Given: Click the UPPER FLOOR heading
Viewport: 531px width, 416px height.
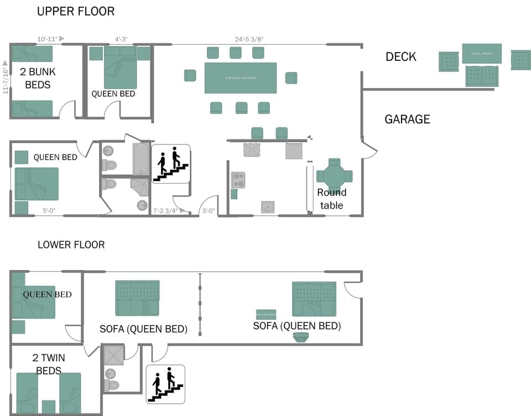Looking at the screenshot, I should pyautogui.click(x=76, y=11).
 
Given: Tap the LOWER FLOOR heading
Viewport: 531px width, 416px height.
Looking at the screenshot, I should pyautogui.click(x=71, y=245).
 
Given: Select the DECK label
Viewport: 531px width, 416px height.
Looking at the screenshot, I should pyautogui.click(x=401, y=56).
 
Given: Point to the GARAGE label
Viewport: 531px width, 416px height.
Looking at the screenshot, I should pyautogui.click(x=407, y=119).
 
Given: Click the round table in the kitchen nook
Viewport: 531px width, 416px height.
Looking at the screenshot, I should pyautogui.click(x=334, y=176).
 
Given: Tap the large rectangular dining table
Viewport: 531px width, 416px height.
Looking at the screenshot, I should pyautogui.click(x=241, y=78).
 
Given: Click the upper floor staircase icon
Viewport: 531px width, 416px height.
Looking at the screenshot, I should pyautogui.click(x=171, y=164).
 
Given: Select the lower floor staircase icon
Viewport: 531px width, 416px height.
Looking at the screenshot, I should pyautogui.click(x=165, y=383).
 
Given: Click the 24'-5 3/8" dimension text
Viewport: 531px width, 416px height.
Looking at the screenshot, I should pyautogui.click(x=249, y=39).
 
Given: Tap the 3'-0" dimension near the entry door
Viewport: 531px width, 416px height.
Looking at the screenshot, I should pyautogui.click(x=208, y=211).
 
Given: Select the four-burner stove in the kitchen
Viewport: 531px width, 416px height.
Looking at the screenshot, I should pyautogui.click(x=238, y=180).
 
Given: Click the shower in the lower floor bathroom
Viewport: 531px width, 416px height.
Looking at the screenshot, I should pyautogui.click(x=114, y=355).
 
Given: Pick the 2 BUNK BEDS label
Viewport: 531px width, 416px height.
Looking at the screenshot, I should pyautogui.click(x=38, y=78).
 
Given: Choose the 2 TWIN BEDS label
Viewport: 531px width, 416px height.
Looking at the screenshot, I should pyautogui.click(x=48, y=365).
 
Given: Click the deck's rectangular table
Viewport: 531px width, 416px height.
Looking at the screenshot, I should pyautogui.click(x=482, y=54).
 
